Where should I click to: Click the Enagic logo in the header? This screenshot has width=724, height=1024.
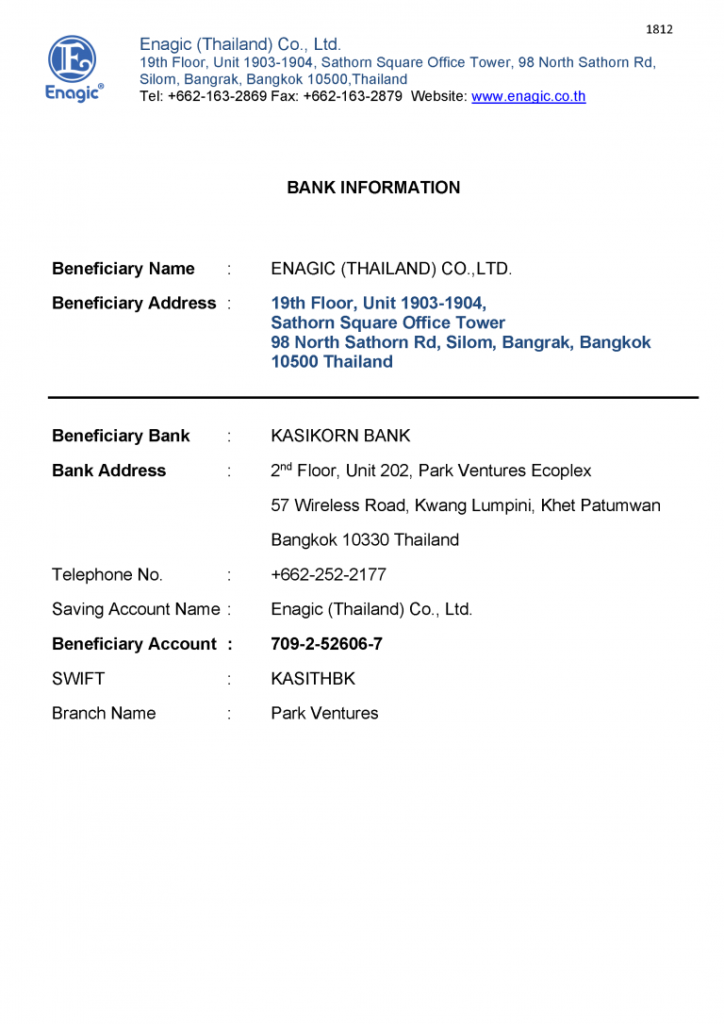[74, 68]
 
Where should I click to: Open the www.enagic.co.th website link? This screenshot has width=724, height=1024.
[528, 96]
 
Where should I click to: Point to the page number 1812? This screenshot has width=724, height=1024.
[659, 29]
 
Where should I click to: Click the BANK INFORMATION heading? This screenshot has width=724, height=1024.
[373, 188]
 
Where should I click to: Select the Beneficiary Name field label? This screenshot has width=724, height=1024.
[123, 269]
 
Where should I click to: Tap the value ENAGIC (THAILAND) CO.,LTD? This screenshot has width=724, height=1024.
[391, 269]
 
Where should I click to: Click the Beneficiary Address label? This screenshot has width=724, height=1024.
[134, 304]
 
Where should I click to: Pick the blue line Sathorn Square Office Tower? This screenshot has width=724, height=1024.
[387, 322]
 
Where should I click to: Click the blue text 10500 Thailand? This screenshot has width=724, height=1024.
[331, 362]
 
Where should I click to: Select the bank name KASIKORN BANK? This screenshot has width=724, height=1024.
[340, 436]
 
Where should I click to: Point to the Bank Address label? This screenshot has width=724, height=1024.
[108, 471]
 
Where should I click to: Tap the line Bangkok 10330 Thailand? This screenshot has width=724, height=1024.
[365, 540]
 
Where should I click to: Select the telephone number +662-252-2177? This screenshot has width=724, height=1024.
[328, 575]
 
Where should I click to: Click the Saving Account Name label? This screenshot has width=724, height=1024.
[136, 610]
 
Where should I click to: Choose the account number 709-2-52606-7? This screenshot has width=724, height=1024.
[326, 645]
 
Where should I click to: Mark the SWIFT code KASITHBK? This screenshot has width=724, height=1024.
[313, 679]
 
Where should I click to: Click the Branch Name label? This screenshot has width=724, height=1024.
[104, 714]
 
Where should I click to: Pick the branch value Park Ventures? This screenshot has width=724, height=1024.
[324, 714]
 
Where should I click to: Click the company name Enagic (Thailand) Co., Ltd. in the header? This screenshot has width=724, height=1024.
[240, 44]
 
